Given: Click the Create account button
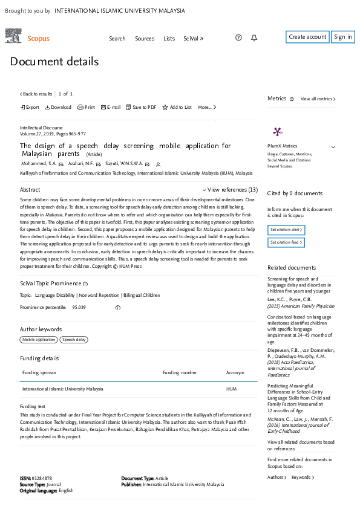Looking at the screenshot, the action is tap(307, 37).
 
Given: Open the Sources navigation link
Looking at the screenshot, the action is tap(145, 39).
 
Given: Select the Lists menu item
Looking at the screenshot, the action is tap(169, 39).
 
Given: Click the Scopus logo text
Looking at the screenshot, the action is tap(39, 39).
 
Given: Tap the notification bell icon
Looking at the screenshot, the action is tap(254, 38).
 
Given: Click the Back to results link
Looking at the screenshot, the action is tap(36, 94).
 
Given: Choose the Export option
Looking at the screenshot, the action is tap(30, 107).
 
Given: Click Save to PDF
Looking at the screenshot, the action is tap(141, 107).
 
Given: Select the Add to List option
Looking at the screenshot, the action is tap(177, 107).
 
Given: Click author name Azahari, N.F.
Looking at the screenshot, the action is tap(80, 163).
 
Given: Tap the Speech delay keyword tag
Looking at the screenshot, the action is tap(74, 340).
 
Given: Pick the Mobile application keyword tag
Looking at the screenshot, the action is tap(39, 340).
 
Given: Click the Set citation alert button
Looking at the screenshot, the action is tap(286, 230).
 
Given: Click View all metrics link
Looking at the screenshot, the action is tap(318, 99).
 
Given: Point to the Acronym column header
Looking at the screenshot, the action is tap(235, 373).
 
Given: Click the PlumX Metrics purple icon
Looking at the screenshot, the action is tap(277, 132).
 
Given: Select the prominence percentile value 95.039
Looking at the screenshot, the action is tap(79, 307).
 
